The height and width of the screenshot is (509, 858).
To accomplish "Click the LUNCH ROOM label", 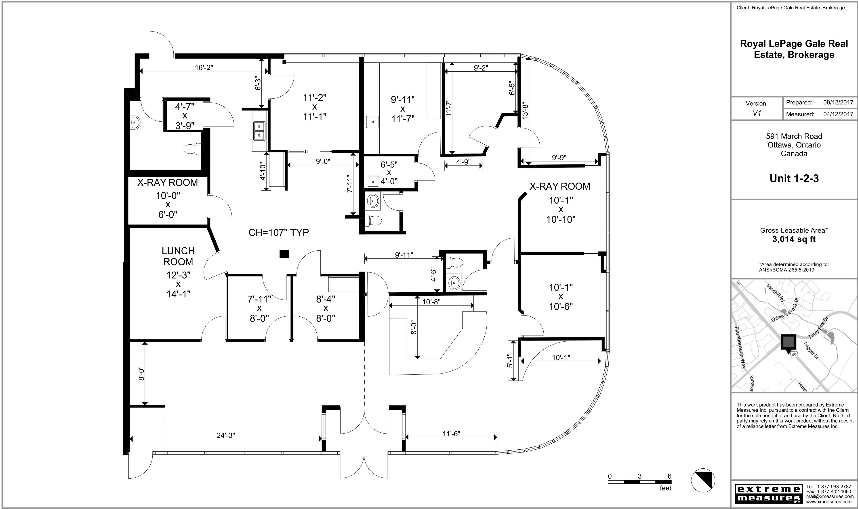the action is (x=178, y=256).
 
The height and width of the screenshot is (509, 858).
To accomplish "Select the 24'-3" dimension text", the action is (x=226, y=435).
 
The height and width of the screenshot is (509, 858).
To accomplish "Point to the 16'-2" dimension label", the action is (x=204, y=68).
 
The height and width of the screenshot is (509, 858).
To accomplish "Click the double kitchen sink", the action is (x=259, y=131).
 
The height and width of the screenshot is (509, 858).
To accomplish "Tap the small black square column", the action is (x=284, y=254).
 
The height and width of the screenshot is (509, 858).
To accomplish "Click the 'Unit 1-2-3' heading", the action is (x=794, y=178).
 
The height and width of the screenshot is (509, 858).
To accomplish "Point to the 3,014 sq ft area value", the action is (x=794, y=239).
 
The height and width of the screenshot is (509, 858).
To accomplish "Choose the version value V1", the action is (x=757, y=113).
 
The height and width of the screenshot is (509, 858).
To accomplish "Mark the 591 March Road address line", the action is (x=794, y=136).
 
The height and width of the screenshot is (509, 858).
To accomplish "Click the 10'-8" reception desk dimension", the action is (x=431, y=302).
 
